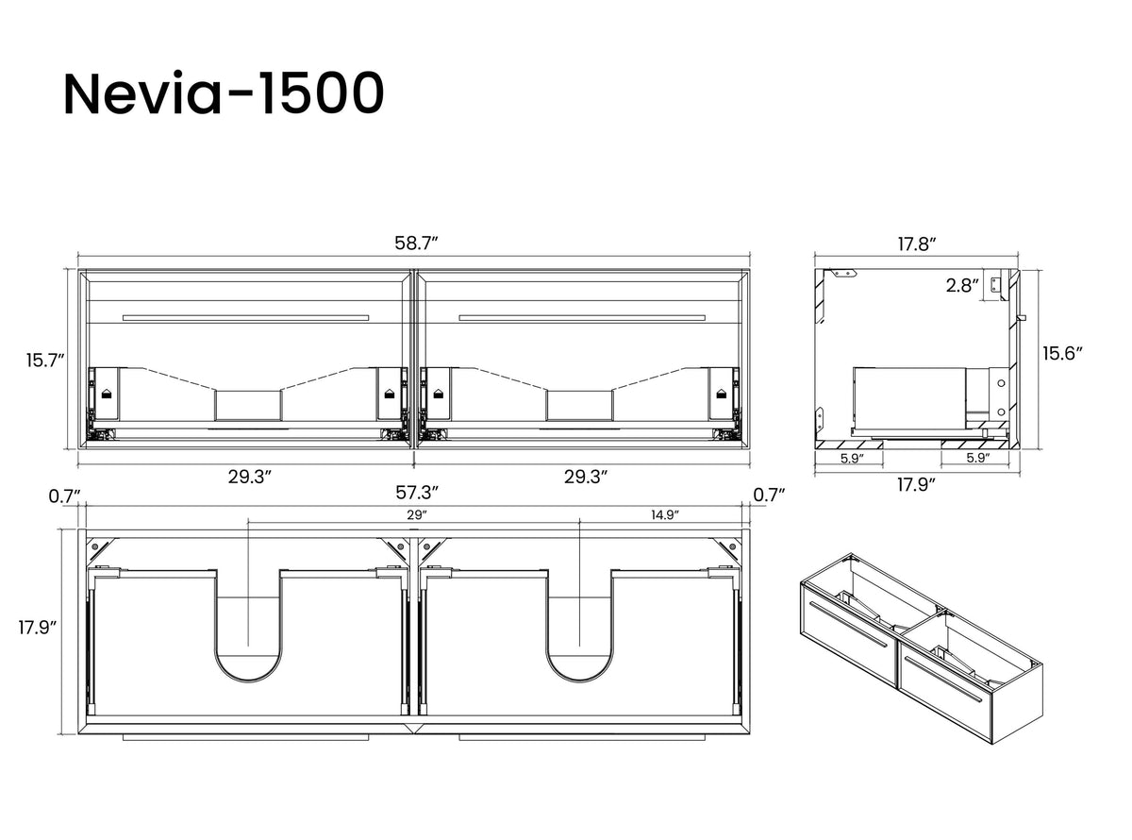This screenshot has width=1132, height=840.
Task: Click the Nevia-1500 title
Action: (224, 94)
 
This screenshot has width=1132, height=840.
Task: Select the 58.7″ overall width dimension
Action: (416, 244)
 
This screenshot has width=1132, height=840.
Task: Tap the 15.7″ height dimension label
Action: (45, 361)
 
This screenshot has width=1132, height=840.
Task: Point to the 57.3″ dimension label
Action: (416, 493)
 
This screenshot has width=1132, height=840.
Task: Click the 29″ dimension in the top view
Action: (416, 514)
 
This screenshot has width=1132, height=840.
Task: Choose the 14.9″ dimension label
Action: (664, 514)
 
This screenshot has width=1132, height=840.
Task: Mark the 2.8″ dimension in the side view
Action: (962, 285)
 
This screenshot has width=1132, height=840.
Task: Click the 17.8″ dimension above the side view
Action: (917, 244)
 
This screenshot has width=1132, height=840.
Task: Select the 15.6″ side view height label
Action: (1062, 353)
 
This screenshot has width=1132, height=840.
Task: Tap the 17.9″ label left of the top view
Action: (37, 628)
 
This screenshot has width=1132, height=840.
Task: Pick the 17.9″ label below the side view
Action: (916, 484)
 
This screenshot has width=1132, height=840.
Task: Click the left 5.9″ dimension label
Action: (852, 459)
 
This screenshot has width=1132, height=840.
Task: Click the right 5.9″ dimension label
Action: (978, 458)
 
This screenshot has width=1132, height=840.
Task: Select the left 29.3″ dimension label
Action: (249, 477)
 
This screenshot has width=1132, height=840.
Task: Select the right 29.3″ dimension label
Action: (586, 477)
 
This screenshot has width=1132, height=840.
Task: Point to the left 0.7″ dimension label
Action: (65, 496)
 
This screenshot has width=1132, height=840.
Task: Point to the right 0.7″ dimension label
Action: (769, 495)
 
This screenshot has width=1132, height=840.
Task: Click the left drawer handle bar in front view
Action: (245, 318)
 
